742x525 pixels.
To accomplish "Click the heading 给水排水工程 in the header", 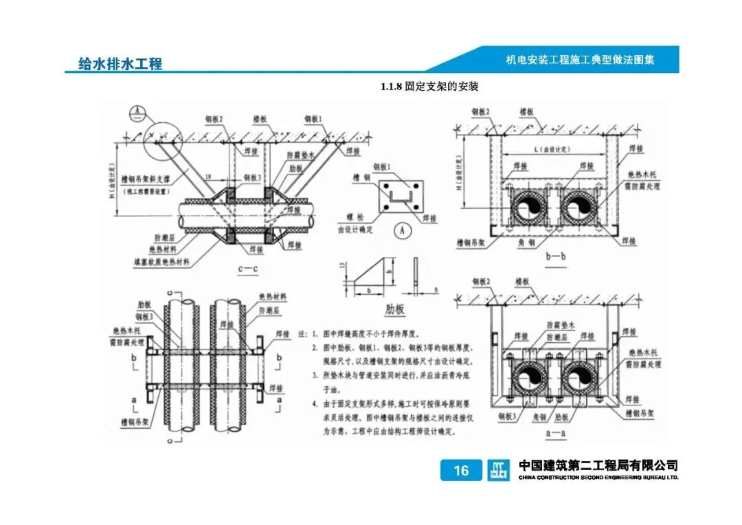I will (x=120, y=64).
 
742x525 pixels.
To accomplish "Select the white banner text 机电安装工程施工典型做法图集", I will (x=580, y=60).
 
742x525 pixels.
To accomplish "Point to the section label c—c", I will (x=247, y=269).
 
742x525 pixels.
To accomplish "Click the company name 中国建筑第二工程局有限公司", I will (x=598, y=465).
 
